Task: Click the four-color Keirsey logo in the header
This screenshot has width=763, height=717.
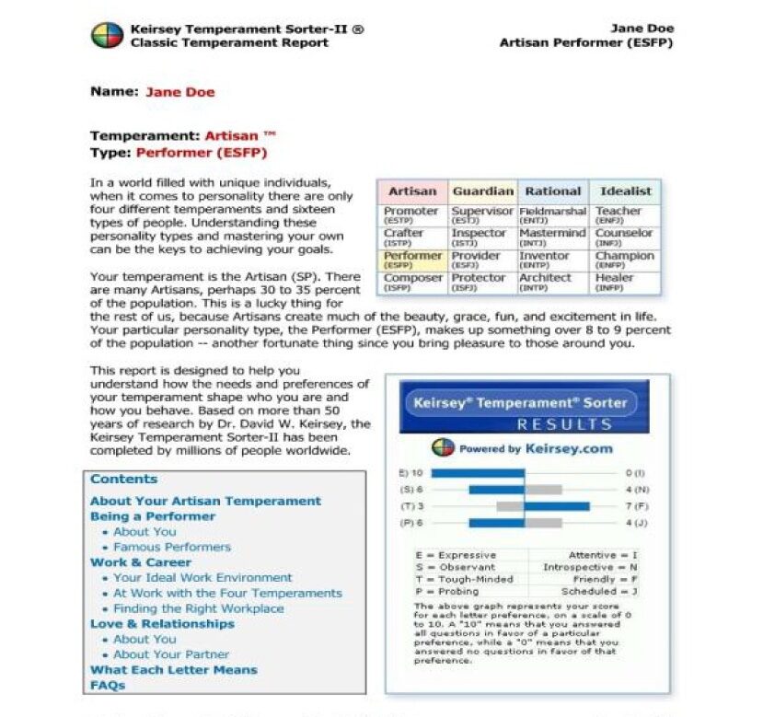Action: click(x=107, y=36)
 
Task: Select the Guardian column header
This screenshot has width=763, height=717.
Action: click(x=482, y=191)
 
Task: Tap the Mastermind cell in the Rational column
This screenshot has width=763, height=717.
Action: click(x=552, y=237)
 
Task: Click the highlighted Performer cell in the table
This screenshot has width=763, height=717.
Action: click(x=412, y=259)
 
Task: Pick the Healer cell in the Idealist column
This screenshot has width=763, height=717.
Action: click(x=614, y=281)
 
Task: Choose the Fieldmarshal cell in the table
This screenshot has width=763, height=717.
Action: click(x=552, y=214)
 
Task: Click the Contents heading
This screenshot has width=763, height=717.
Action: click(x=123, y=480)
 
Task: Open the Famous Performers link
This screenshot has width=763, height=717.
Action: click(x=172, y=547)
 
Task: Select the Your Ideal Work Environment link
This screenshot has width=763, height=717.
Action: click(x=202, y=578)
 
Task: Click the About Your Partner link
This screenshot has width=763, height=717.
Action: click(x=171, y=654)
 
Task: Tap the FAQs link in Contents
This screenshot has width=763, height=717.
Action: click(x=107, y=686)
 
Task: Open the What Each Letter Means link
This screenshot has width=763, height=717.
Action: click(x=173, y=670)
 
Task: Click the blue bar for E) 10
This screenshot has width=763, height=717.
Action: click(x=477, y=473)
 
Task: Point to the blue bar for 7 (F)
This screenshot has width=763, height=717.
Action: click(x=556, y=506)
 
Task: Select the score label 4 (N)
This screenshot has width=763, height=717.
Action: click(x=635, y=490)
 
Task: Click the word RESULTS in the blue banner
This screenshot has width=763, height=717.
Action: click(x=564, y=424)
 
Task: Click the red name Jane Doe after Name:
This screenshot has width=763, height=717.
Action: click(x=180, y=92)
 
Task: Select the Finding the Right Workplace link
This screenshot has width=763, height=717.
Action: click(x=198, y=608)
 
